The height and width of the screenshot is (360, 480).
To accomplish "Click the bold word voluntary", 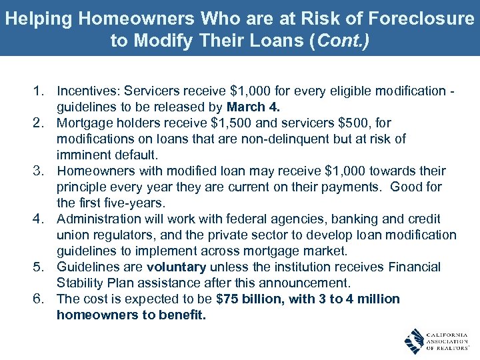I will tap(177, 267).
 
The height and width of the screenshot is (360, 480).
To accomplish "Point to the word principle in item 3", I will tap(82, 187).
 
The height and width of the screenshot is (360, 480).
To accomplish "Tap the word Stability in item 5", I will tap(79, 283).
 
